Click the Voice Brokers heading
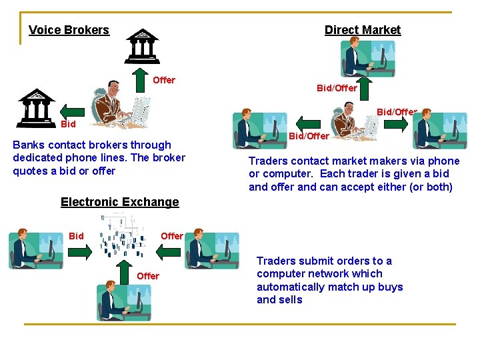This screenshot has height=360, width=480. pyautogui.click(x=69, y=30)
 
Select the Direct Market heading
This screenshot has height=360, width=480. pyautogui.click(x=363, y=30)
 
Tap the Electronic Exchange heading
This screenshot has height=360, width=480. pyautogui.click(x=120, y=202)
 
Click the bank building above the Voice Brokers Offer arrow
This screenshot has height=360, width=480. pyautogui.click(x=143, y=44)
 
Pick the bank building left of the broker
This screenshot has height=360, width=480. pyautogui.click(x=37, y=107)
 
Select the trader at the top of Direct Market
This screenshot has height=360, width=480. pyautogui.click(x=367, y=59)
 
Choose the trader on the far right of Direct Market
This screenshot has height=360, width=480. pyautogui.click(x=439, y=130)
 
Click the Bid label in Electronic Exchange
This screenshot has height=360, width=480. pyautogui.click(x=77, y=236)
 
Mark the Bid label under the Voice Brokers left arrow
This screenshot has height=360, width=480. pyautogui.click(x=69, y=125)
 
